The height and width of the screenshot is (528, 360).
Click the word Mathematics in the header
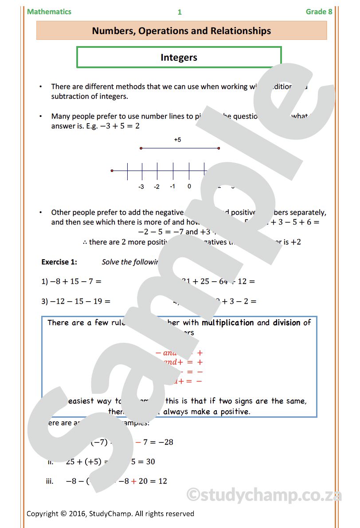(49, 12)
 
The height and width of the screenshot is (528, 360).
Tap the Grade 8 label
(319, 12)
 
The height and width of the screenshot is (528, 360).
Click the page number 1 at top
(180, 12)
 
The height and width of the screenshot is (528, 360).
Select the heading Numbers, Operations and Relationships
(181, 31)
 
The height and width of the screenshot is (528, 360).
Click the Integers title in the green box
(179, 58)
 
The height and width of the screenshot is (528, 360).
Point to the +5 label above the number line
(177, 140)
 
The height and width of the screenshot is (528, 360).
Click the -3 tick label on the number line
(141, 186)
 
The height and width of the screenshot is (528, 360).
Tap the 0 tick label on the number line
(189, 186)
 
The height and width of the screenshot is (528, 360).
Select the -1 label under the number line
(172, 186)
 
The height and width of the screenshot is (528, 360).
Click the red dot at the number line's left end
(112, 171)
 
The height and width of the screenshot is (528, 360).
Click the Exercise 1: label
(59, 262)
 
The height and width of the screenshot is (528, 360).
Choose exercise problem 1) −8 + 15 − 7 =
(71, 281)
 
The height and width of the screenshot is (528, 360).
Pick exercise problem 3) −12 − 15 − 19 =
(76, 301)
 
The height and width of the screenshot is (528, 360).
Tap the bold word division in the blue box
(287, 322)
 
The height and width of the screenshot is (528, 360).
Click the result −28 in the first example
(165, 442)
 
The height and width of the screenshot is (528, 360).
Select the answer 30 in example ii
(150, 462)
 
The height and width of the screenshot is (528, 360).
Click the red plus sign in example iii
(133, 481)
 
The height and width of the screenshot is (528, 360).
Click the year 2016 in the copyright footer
(76, 514)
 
